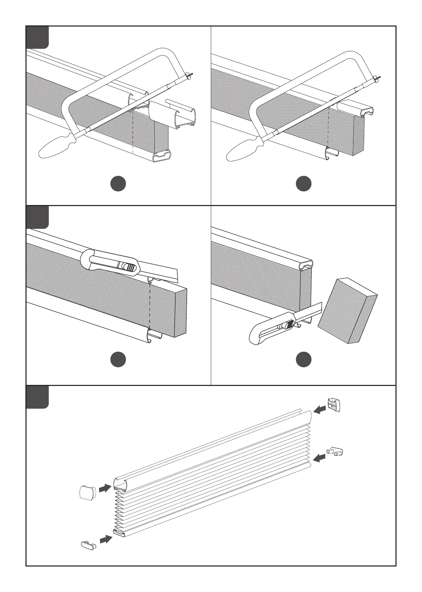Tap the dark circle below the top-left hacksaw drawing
click(x=118, y=184)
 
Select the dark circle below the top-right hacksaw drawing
click(x=303, y=184)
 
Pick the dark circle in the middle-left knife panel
click(x=118, y=359)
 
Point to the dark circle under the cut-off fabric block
click(x=303, y=359)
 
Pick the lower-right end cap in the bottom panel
click(x=336, y=451)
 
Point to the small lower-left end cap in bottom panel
click(x=88, y=545)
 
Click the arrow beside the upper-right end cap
click(x=320, y=409)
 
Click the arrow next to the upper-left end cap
click(x=105, y=488)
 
